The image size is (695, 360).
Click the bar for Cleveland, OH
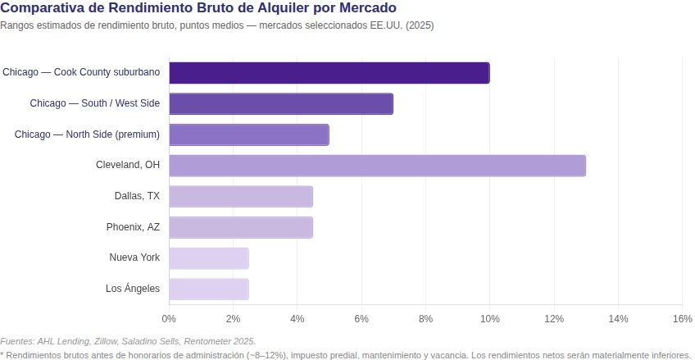point(377,166)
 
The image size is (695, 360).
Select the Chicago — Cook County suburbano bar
point(329,73)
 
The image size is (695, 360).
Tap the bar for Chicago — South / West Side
point(281,104)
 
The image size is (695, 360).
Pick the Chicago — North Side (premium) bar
point(248,134)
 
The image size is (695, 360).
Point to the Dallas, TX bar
point(241,197)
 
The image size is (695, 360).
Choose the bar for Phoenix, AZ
point(241,227)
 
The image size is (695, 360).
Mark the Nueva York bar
point(209,258)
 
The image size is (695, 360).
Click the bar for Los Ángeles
point(209,289)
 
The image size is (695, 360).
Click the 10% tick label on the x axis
point(489,318)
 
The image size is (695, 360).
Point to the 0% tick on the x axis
point(169,318)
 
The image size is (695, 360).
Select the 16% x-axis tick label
point(682,318)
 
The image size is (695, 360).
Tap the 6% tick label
point(361,318)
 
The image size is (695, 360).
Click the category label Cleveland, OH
point(128,165)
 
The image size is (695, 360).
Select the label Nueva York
point(134,258)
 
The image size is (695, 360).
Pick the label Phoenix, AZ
point(133,227)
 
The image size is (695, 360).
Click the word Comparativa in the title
point(42,8)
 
